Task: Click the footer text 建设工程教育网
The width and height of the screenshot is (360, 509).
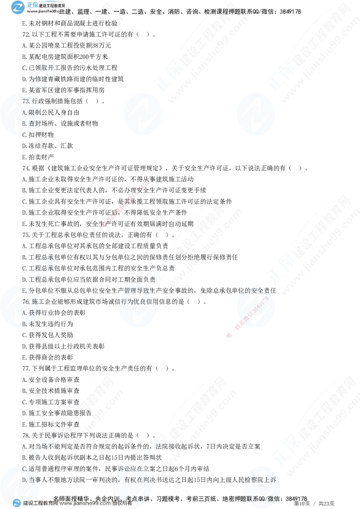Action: coord(40,504)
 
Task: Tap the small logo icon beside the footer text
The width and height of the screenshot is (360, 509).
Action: coord(17,503)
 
